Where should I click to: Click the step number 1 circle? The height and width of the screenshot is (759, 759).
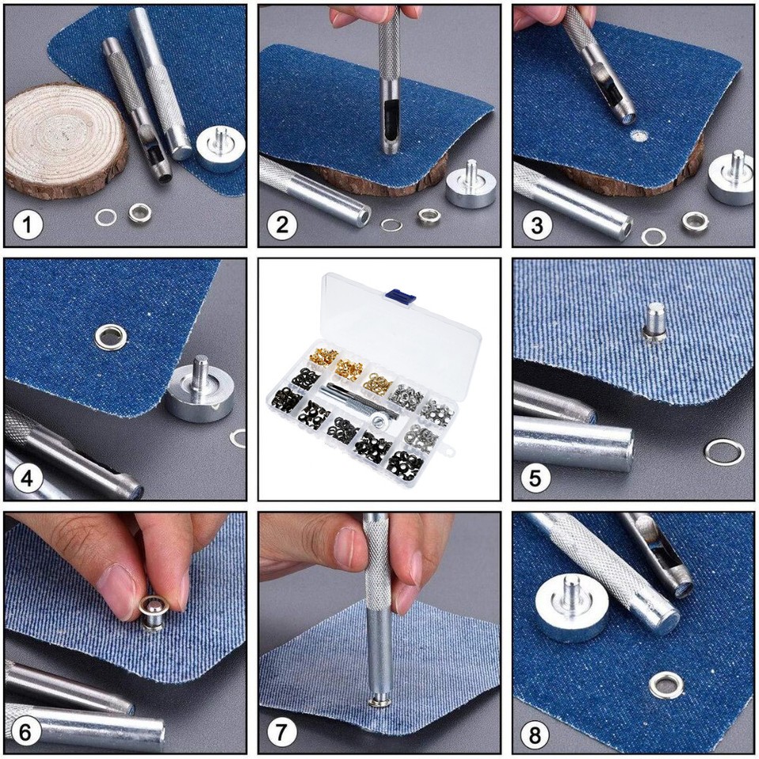28,225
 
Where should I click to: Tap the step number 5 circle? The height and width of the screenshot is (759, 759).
537,479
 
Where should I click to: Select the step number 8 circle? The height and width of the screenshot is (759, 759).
535,735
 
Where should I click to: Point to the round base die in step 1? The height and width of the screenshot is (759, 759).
219,148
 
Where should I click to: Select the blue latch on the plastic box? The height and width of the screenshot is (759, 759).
400,295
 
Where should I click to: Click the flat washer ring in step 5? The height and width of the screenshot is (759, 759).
723,451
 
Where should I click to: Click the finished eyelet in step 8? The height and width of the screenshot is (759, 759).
666,685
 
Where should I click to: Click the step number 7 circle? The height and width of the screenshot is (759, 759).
281,733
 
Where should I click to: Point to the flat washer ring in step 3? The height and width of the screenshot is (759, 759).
653,235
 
